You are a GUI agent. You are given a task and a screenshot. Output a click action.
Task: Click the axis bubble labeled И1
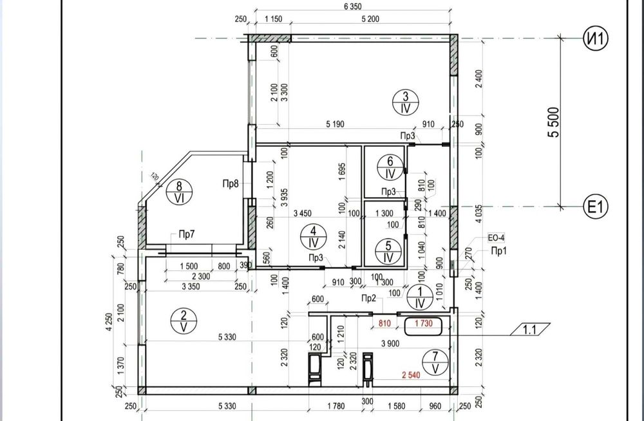click(x=596, y=38)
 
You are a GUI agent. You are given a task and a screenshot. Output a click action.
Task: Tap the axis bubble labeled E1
click(x=596, y=207)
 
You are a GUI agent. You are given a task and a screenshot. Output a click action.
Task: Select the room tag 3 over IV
click(x=405, y=103)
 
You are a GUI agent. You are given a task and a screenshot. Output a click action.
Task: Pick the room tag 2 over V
click(x=184, y=321)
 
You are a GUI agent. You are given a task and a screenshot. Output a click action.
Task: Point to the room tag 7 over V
click(x=436, y=362)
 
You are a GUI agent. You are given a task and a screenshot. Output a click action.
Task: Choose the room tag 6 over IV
click(x=390, y=167)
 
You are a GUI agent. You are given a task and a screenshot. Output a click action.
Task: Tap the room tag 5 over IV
click(x=388, y=251)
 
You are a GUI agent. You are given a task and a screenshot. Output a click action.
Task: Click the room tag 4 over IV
click(x=314, y=237)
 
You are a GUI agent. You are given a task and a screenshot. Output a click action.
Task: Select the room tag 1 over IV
click(x=420, y=297)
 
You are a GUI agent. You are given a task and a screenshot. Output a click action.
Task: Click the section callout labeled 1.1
click(x=530, y=330)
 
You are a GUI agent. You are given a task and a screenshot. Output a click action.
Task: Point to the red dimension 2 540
click(x=411, y=375)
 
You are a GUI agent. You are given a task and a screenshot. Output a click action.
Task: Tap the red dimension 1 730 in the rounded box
click(x=424, y=324)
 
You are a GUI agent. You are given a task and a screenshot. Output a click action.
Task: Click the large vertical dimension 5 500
click(x=554, y=122)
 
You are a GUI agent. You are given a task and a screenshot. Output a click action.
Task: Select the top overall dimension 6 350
click(x=352, y=6)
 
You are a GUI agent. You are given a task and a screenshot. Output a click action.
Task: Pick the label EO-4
click(x=496, y=238)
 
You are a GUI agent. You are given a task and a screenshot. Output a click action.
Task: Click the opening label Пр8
click(x=231, y=183)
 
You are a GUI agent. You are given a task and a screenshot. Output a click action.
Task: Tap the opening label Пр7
click(x=187, y=234)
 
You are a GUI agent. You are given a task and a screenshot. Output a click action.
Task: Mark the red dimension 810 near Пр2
click(x=384, y=324)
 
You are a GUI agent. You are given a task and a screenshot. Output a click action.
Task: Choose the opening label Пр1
click(x=499, y=251)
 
